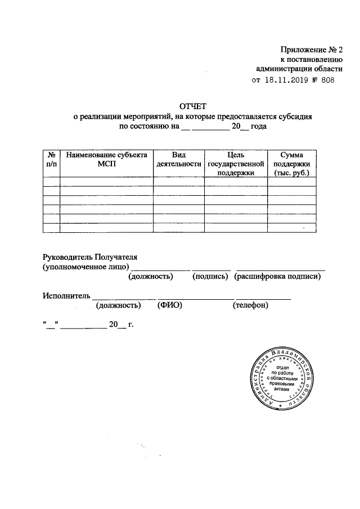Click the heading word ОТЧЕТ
[x=193, y=105]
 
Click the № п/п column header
[x=51, y=159]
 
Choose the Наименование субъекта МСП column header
[x=106, y=159]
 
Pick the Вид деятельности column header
[x=179, y=159]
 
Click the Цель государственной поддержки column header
[x=236, y=164]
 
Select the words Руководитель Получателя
[x=89, y=256]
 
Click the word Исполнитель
[x=66, y=295]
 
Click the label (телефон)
[x=250, y=305]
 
